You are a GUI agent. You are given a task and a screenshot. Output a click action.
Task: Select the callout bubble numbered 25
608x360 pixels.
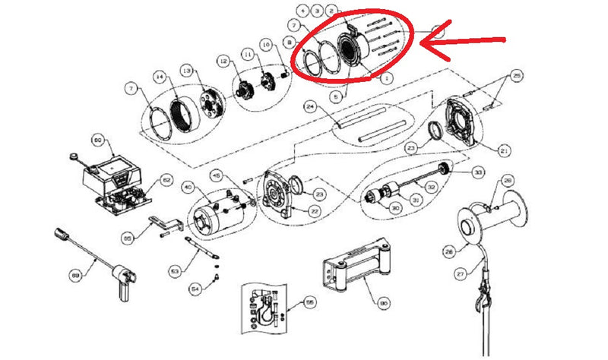516,77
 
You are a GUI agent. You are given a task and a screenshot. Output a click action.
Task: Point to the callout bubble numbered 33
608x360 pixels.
478,172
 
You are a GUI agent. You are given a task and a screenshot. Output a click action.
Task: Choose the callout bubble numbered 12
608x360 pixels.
223,60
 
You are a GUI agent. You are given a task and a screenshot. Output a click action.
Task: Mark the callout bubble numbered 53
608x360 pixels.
175,270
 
